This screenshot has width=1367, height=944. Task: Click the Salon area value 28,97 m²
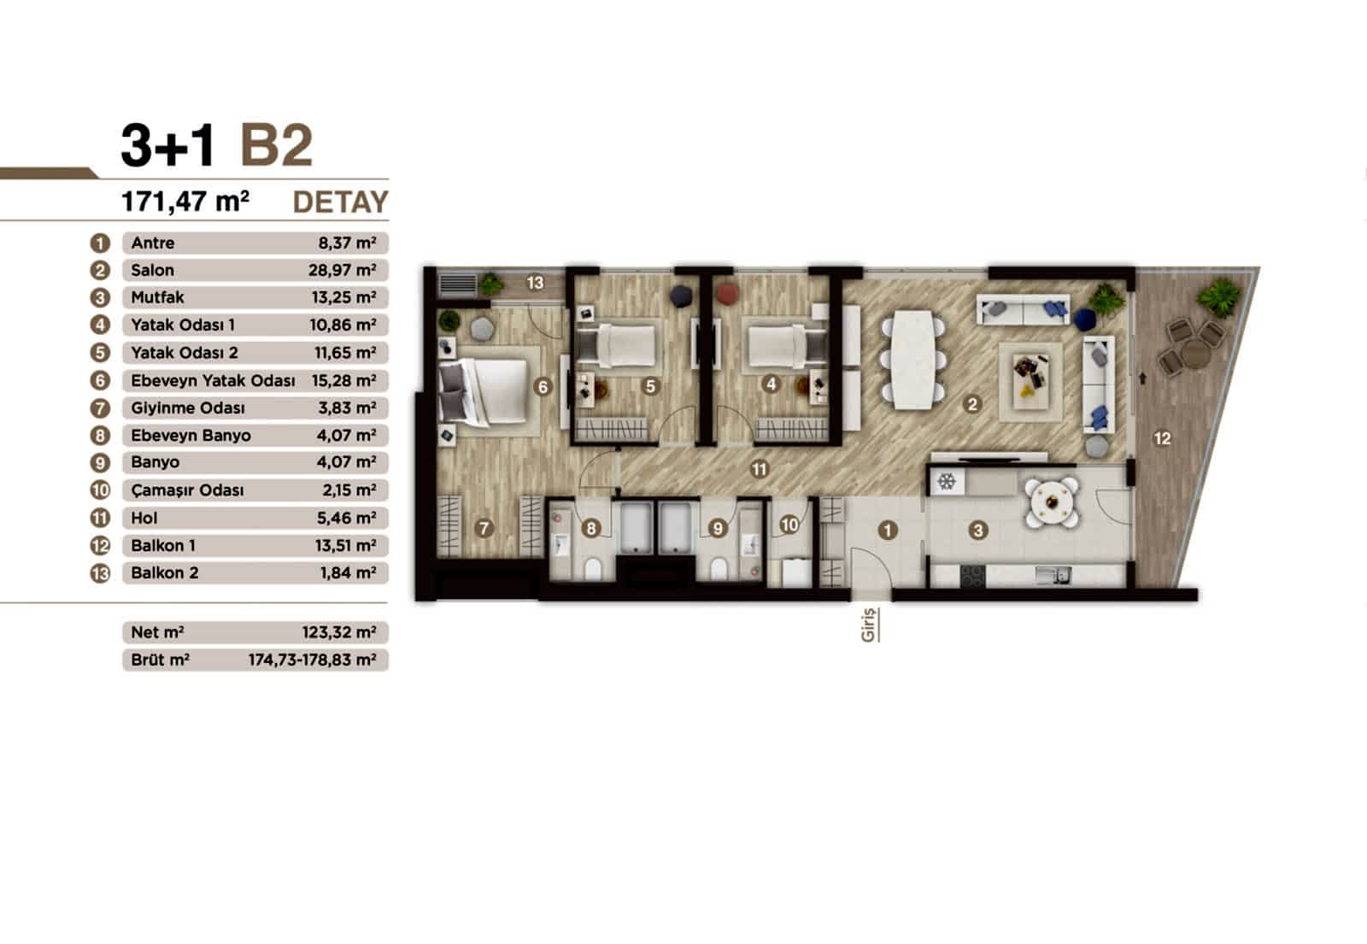pyautogui.click(x=342, y=271)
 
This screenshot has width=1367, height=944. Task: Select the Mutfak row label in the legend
pyautogui.click(x=157, y=298)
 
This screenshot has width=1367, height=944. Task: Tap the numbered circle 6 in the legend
pyautogui.click(x=100, y=380)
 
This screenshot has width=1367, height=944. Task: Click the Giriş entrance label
pyautogui.click(x=869, y=624)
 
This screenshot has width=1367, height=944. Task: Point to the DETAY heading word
pyautogui.click(x=340, y=202)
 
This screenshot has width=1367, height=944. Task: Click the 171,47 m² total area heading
pyautogui.click(x=185, y=202)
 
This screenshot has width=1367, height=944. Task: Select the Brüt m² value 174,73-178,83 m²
pyautogui.click(x=312, y=660)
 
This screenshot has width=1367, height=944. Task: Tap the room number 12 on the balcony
pyautogui.click(x=1162, y=438)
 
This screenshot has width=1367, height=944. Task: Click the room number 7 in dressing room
pyautogui.click(x=484, y=529)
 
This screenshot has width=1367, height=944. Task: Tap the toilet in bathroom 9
pyautogui.click(x=719, y=567)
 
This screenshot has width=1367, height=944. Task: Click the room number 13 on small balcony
pyautogui.click(x=535, y=283)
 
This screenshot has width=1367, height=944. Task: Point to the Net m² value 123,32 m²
pyautogui.click(x=338, y=633)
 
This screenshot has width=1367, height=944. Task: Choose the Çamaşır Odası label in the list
pyautogui.click(x=187, y=490)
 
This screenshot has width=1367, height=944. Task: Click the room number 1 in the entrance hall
pyautogui.click(x=888, y=531)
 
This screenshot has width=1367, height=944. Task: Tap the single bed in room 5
pyautogui.click(x=619, y=348)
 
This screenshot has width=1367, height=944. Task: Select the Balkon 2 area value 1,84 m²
pyautogui.click(x=348, y=573)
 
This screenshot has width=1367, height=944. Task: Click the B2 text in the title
pyautogui.click(x=277, y=145)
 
